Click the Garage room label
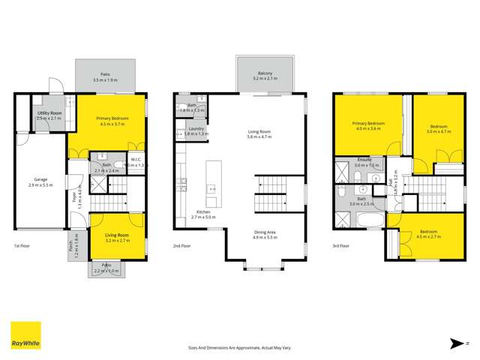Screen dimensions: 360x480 (x=40, y=179)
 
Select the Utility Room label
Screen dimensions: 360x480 (x=49, y=112)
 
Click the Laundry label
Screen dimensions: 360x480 (x=196, y=130)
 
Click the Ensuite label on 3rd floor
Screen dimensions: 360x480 (x=365, y=159)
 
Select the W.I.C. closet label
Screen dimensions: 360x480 (x=136, y=159)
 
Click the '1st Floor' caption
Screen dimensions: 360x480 (x=22, y=245)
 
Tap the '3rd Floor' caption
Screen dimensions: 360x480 (x=342, y=245)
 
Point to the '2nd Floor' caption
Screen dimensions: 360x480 (x=182, y=245)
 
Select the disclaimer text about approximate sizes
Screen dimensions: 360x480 (x=239, y=347)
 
